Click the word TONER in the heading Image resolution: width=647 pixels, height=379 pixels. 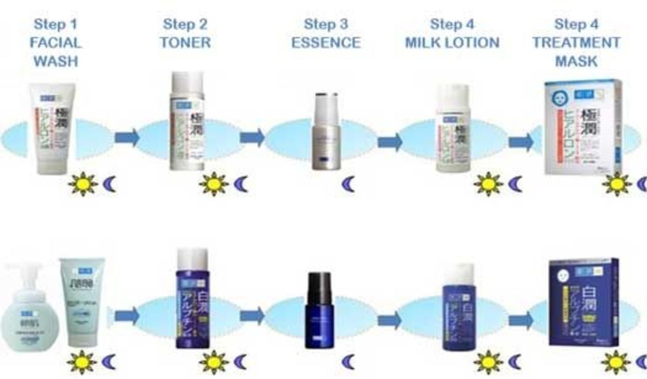point(185,43)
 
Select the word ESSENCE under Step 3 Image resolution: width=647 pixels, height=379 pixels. point(326,43)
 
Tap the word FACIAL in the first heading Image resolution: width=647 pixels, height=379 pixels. point(56,43)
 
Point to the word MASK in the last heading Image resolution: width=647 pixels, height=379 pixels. point(576,61)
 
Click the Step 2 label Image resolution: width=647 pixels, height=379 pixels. point(185,24)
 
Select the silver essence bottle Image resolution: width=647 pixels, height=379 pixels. point(326,132)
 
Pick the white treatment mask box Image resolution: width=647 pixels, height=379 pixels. point(583,127)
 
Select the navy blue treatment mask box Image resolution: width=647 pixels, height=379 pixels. point(583,302)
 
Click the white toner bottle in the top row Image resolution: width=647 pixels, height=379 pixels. point(187,121)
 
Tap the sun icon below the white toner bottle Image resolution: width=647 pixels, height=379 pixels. point(213,184)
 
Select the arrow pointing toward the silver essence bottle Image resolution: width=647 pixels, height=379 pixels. point(252,138)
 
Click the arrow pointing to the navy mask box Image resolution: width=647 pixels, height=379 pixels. point(520,320)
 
